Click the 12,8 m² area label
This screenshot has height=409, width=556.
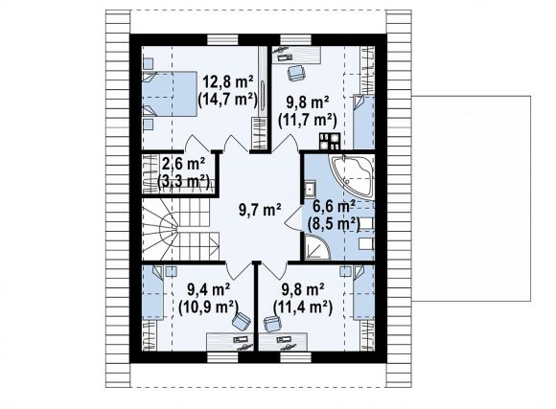[227, 82]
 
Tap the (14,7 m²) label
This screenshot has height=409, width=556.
[227, 100]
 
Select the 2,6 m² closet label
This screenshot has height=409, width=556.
[184, 164]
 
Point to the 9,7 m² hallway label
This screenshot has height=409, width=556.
[261, 210]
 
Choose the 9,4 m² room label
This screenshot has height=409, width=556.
[209, 289]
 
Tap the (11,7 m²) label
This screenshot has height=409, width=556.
[307, 120]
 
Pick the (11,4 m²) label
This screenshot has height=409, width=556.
[303, 307]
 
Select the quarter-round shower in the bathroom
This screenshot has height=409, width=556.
[317, 248]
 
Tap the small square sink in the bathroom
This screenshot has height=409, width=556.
[310, 188]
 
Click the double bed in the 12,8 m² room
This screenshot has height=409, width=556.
[170, 94]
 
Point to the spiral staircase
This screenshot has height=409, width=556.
[180, 229]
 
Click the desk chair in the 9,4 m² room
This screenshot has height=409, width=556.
[242, 320]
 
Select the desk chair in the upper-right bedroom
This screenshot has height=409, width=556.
[295, 73]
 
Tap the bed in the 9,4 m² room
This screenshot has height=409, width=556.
[152, 293]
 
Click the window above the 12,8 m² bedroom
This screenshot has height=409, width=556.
[222, 39]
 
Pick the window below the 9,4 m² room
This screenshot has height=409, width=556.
[222, 357]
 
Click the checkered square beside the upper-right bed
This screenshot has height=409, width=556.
[330, 141]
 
